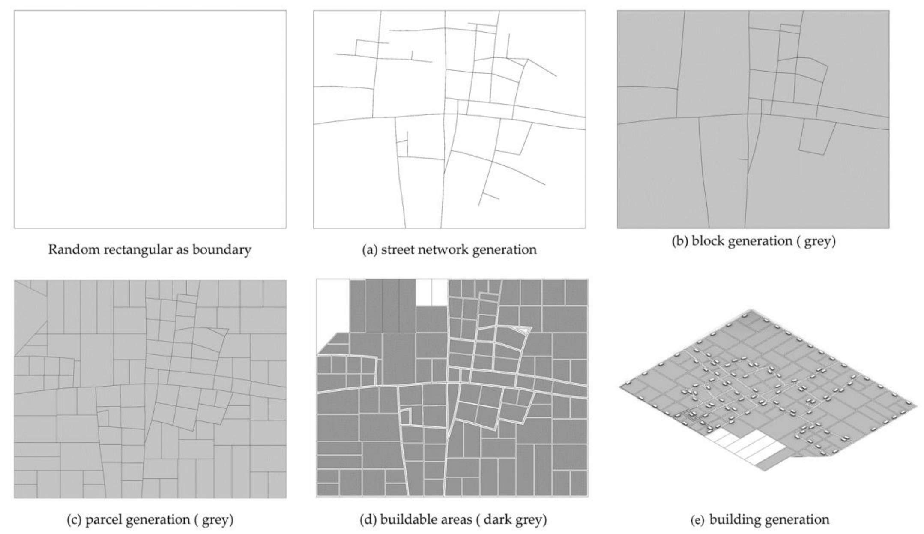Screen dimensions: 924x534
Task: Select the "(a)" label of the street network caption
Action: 369,249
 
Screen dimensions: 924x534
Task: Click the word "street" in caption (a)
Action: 394,249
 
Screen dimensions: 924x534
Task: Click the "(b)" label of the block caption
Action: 679,241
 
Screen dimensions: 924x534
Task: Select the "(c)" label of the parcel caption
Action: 75,520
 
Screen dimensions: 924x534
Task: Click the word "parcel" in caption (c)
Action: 101,520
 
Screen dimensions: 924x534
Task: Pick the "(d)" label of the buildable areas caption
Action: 368,520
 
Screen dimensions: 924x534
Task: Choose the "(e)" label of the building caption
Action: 698,520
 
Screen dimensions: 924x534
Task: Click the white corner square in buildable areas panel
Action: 333,304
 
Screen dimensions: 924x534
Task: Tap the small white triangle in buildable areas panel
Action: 523,330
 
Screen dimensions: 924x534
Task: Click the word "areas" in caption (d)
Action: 452,520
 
